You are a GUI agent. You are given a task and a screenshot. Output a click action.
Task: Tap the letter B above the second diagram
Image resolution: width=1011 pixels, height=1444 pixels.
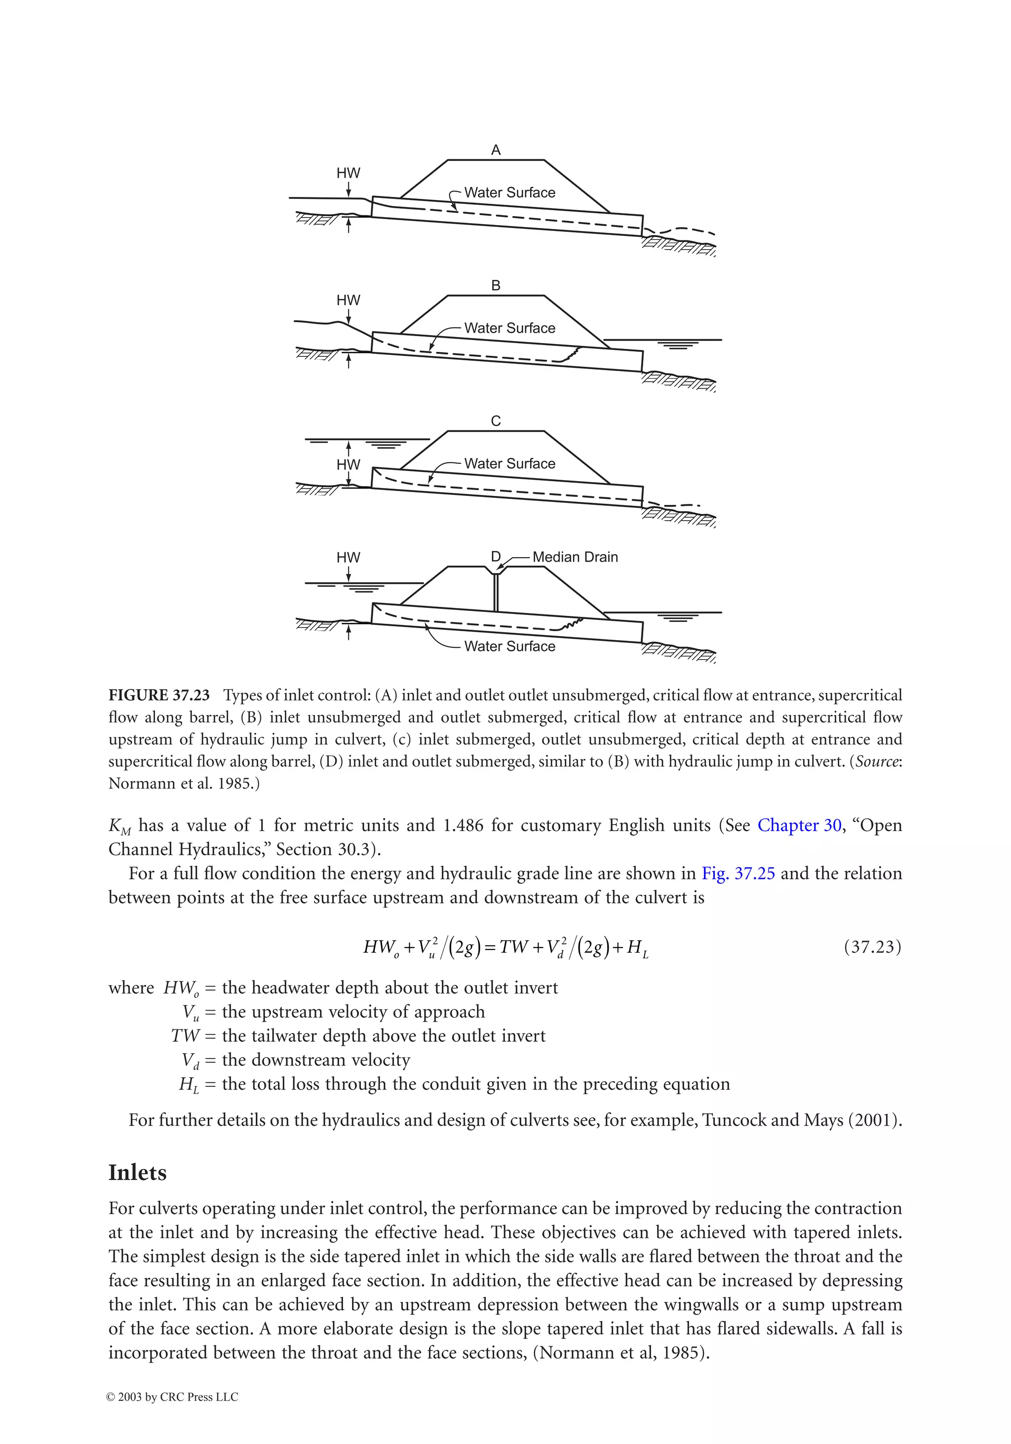[496, 286]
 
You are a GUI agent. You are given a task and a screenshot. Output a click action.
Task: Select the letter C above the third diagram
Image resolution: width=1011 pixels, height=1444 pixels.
[496, 421]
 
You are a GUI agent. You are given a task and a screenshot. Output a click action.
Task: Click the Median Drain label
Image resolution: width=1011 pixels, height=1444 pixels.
[575, 557]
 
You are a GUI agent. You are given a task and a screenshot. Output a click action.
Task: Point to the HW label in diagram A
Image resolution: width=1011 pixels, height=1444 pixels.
[348, 173]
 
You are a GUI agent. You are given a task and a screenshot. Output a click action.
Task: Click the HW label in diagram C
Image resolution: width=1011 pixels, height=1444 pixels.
[348, 465]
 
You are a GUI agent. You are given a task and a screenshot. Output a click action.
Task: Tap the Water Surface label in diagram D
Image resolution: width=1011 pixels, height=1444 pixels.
[509, 646]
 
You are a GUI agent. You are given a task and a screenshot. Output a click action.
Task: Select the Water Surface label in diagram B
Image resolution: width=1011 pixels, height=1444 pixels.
[509, 328]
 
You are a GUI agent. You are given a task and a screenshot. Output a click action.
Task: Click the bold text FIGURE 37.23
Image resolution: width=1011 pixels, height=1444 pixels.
[158, 695]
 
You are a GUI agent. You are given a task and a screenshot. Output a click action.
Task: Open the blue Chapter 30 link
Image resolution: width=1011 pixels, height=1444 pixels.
[799, 825]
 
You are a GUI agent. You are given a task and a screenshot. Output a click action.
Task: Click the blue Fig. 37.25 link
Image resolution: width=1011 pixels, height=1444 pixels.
[738, 874]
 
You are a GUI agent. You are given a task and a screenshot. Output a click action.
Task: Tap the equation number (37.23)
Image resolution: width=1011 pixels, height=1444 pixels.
[872, 947]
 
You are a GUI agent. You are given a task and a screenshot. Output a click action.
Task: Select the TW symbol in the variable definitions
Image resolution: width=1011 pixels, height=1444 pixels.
[184, 1036]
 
